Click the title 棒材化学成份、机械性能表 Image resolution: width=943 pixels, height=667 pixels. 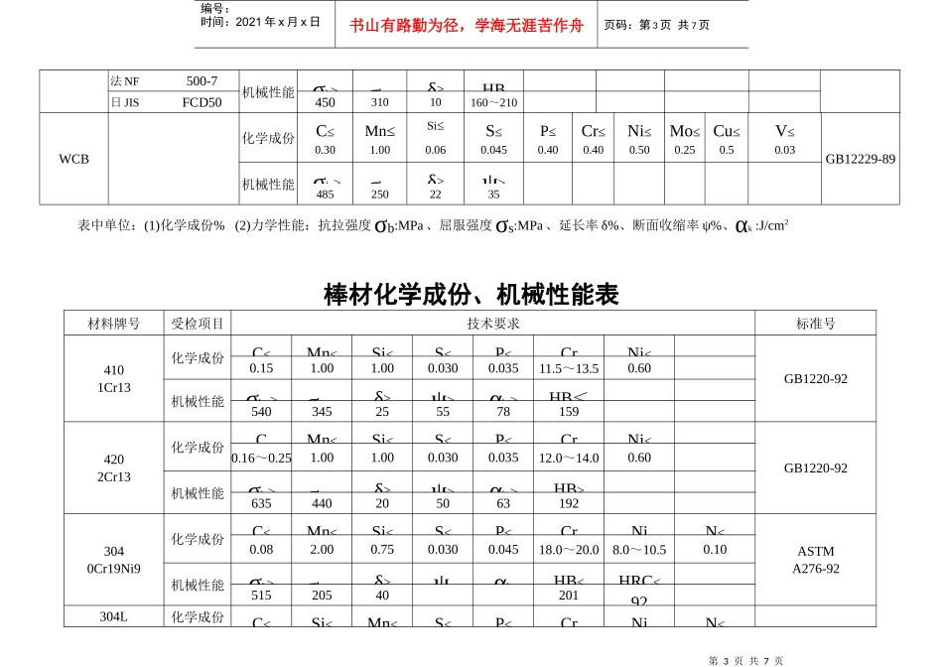[471, 295]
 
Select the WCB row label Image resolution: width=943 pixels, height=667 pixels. [73, 159]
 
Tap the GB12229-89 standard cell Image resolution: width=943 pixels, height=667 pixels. [861, 159]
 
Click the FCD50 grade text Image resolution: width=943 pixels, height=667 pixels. [202, 101]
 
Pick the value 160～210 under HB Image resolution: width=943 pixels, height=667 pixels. [493, 102]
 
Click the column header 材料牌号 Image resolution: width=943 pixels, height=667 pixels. [114, 324]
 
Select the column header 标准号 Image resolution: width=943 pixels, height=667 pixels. [815, 324]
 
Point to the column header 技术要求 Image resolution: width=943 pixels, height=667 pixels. [493, 324]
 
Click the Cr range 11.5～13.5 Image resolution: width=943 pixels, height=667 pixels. [569, 368]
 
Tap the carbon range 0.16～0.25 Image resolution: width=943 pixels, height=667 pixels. [261, 458]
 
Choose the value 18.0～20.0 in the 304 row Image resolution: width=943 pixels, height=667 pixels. [569, 550]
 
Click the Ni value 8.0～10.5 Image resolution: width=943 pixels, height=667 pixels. [639, 550]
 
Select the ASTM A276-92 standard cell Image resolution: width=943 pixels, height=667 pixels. [815, 560]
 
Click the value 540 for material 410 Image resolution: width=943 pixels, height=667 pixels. [261, 411]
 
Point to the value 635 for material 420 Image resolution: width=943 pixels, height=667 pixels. [261, 503]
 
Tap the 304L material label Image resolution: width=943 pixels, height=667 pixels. [114, 616]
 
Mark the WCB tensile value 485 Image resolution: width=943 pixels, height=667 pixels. [325, 195]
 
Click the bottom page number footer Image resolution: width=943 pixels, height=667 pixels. [746, 660]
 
